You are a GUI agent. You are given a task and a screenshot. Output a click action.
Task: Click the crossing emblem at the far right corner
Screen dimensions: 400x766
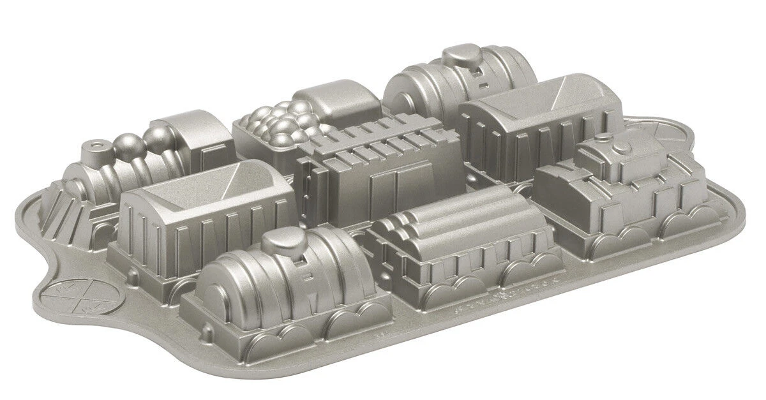[x=668, y=130]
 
